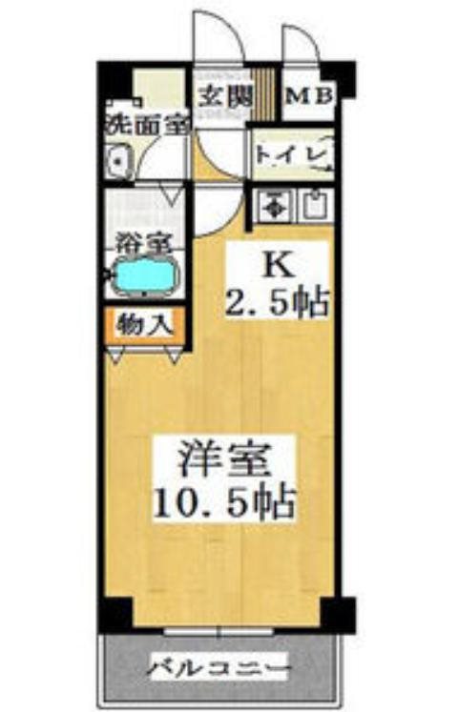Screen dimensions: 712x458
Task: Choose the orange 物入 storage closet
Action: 144,324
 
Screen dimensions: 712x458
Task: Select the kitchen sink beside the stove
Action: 313,202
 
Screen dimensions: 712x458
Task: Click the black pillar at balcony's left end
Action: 114,615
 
